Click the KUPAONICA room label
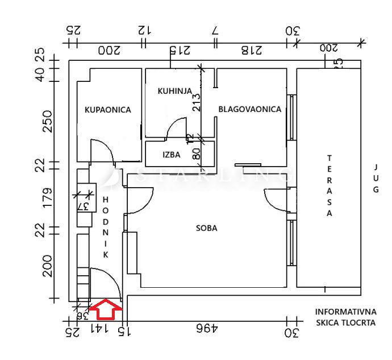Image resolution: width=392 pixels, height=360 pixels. (108, 110)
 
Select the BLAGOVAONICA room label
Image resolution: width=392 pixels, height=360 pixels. (250, 109)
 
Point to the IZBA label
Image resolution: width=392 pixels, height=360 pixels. (172, 154)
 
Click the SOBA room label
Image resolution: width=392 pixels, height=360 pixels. (207, 228)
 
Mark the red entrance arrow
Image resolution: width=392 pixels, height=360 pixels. (106, 310)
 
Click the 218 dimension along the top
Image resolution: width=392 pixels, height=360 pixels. (251, 50)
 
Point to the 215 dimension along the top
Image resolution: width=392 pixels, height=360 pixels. (178, 50)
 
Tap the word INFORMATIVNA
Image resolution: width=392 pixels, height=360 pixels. (345, 312)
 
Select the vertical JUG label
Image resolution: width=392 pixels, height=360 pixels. (375, 179)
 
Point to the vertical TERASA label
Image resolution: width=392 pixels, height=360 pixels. (330, 185)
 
